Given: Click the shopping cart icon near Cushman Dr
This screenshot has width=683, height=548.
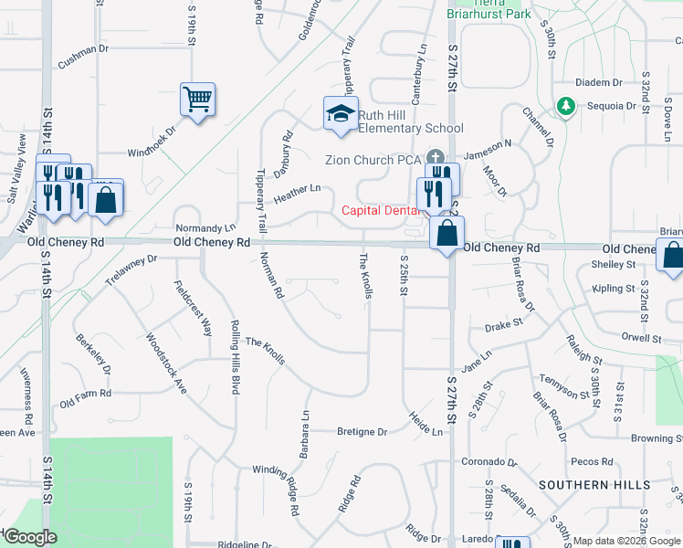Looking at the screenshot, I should click(x=197, y=98).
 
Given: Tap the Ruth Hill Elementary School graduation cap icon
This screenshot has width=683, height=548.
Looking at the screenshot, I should click(x=341, y=114).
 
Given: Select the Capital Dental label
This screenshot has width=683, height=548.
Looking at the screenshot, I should click(x=378, y=210).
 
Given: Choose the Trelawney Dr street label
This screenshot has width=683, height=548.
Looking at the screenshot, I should click(x=131, y=271).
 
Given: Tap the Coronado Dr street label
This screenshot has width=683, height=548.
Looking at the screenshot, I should click(x=489, y=462).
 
